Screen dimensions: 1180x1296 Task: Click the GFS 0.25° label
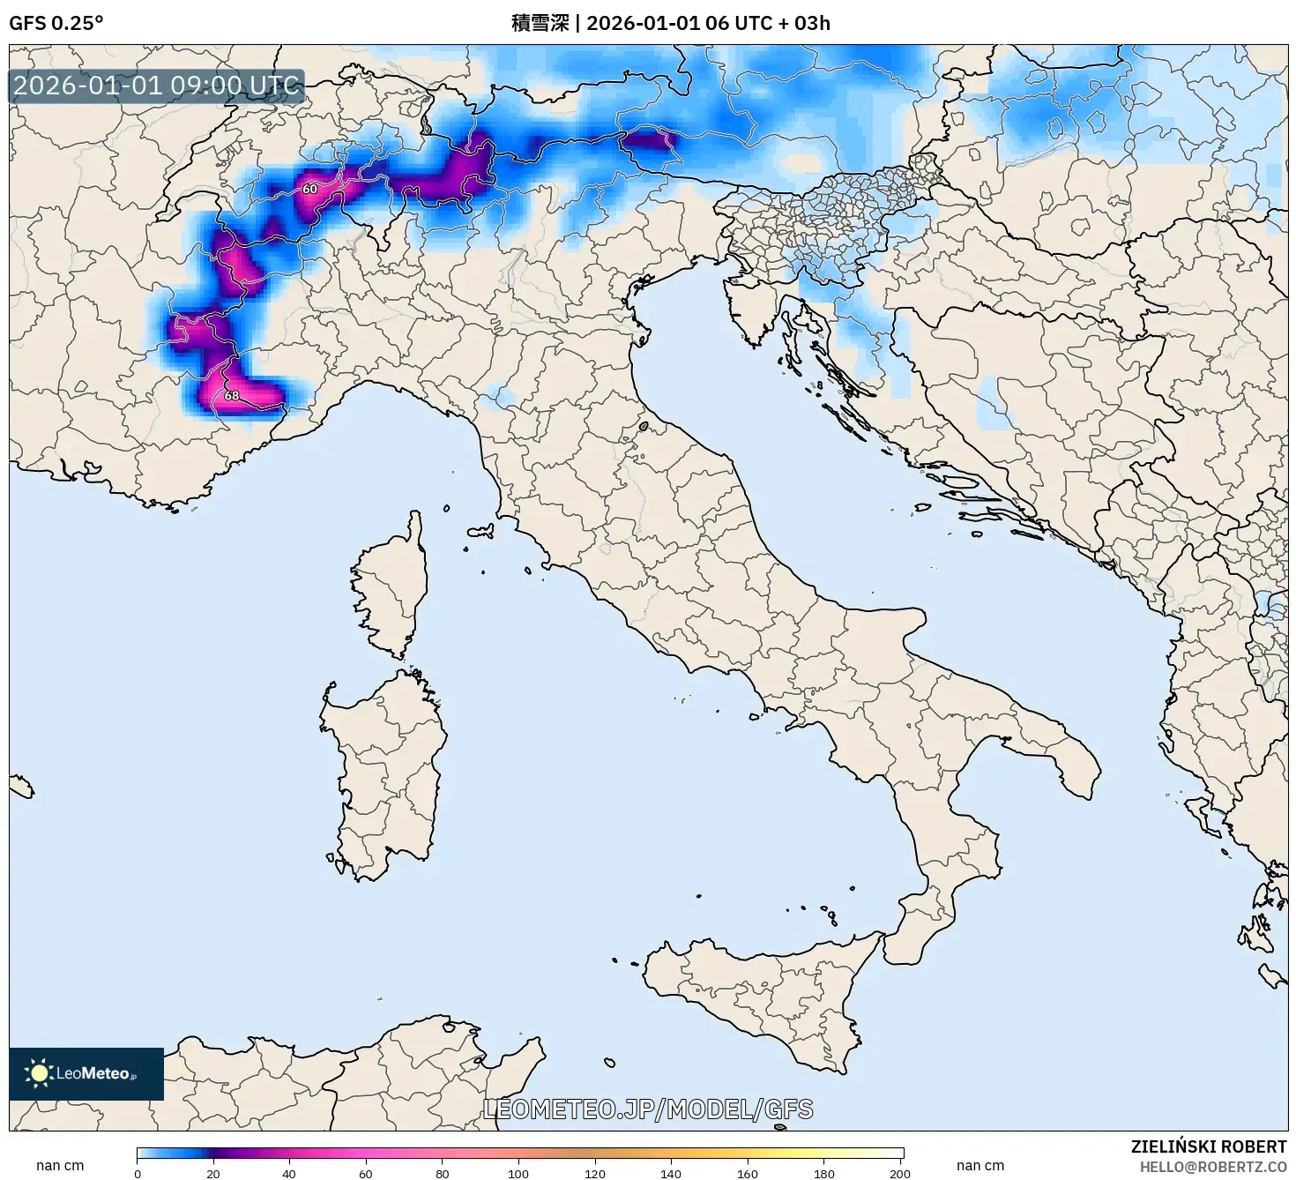pyautogui.click(x=56, y=23)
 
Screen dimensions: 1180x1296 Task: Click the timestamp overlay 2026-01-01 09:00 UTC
pyautogui.click(x=156, y=86)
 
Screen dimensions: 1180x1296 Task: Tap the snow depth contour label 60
pyautogui.click(x=309, y=189)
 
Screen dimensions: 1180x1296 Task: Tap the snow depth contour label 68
pyautogui.click(x=231, y=396)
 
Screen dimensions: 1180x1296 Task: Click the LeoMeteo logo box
pyautogui.click(x=86, y=1073)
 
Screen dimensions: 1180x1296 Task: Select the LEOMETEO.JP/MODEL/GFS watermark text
pyautogui.click(x=648, y=1109)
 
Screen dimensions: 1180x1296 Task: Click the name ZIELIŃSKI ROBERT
pyautogui.click(x=1208, y=1146)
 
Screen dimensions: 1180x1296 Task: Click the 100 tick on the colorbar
pyautogui.click(x=518, y=1173)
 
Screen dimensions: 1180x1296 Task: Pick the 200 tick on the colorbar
pyautogui.click(x=900, y=1173)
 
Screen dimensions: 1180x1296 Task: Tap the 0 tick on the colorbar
pyautogui.click(x=138, y=1173)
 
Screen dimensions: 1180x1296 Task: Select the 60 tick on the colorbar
pyautogui.click(x=366, y=1173)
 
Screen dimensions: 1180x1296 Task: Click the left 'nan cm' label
pyautogui.click(x=60, y=1166)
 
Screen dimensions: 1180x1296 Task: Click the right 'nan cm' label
pyautogui.click(x=980, y=1166)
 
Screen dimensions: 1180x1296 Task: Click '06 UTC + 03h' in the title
pyautogui.click(x=767, y=23)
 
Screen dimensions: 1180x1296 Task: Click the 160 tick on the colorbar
pyautogui.click(x=748, y=1173)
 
